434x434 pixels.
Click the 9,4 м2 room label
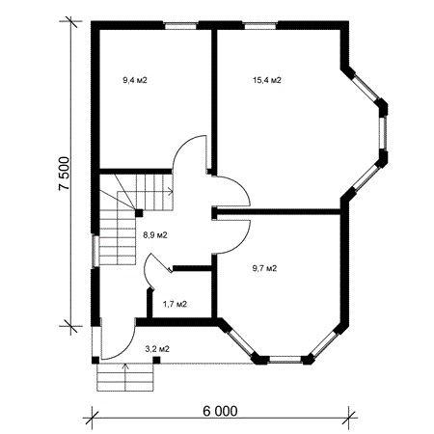pyautogui.click(x=135, y=80)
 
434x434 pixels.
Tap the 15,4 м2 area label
pyautogui.click(x=267, y=80)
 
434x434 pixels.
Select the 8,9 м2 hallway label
pyautogui.click(x=155, y=235)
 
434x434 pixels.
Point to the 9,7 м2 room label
pyautogui.click(x=264, y=268)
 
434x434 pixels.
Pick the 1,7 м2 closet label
pyautogui.click(x=175, y=304)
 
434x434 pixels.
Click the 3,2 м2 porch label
pyautogui.click(x=157, y=349)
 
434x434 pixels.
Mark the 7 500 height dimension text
pyautogui.click(x=64, y=174)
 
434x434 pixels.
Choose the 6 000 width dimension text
pyautogui.click(x=221, y=411)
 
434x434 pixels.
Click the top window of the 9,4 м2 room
pyautogui.click(x=180, y=25)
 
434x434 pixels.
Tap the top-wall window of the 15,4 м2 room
pyautogui.click(x=259, y=25)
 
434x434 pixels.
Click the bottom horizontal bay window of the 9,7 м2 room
pyautogui.click(x=285, y=359)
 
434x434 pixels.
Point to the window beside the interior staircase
pyautogui.click(x=95, y=251)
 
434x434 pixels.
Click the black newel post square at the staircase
pyautogui.click(x=139, y=213)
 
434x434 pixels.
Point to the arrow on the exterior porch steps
pyautogui.click(x=125, y=377)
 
